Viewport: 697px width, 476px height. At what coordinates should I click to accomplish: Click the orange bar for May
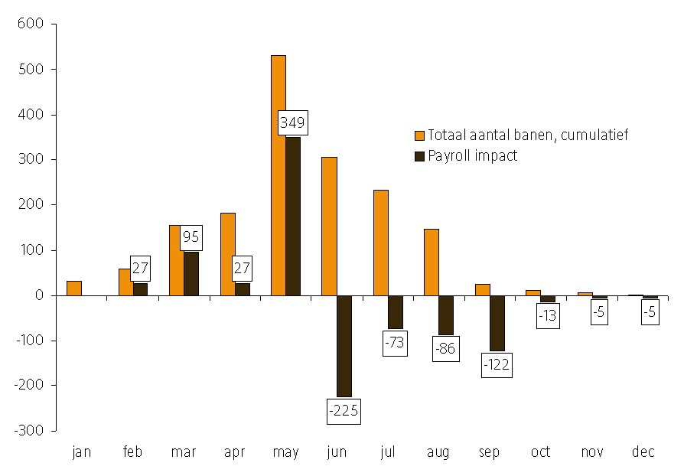[278, 175]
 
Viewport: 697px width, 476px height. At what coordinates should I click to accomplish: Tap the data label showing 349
[292, 122]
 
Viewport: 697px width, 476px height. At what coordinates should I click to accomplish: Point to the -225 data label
[343, 410]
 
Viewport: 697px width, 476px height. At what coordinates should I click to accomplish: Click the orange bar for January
[73, 288]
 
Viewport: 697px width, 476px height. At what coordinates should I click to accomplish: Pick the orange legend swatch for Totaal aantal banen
[419, 135]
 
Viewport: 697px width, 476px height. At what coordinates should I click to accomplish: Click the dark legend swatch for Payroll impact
[419, 156]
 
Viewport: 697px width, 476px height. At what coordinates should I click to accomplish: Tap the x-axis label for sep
[489, 452]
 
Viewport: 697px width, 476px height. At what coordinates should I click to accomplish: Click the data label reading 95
[191, 237]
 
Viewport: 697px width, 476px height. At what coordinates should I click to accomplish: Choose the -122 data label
[497, 365]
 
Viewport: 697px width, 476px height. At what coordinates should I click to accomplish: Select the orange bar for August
[431, 262]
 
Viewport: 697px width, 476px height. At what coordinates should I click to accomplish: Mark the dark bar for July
[395, 312]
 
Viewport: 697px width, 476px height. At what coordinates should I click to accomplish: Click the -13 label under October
[548, 316]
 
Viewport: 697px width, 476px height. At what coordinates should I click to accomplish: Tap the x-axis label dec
[643, 452]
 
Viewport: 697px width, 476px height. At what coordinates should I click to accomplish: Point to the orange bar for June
[329, 226]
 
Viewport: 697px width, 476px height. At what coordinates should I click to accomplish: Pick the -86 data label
[445, 348]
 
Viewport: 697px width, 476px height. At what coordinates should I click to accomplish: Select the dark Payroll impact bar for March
[191, 273]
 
